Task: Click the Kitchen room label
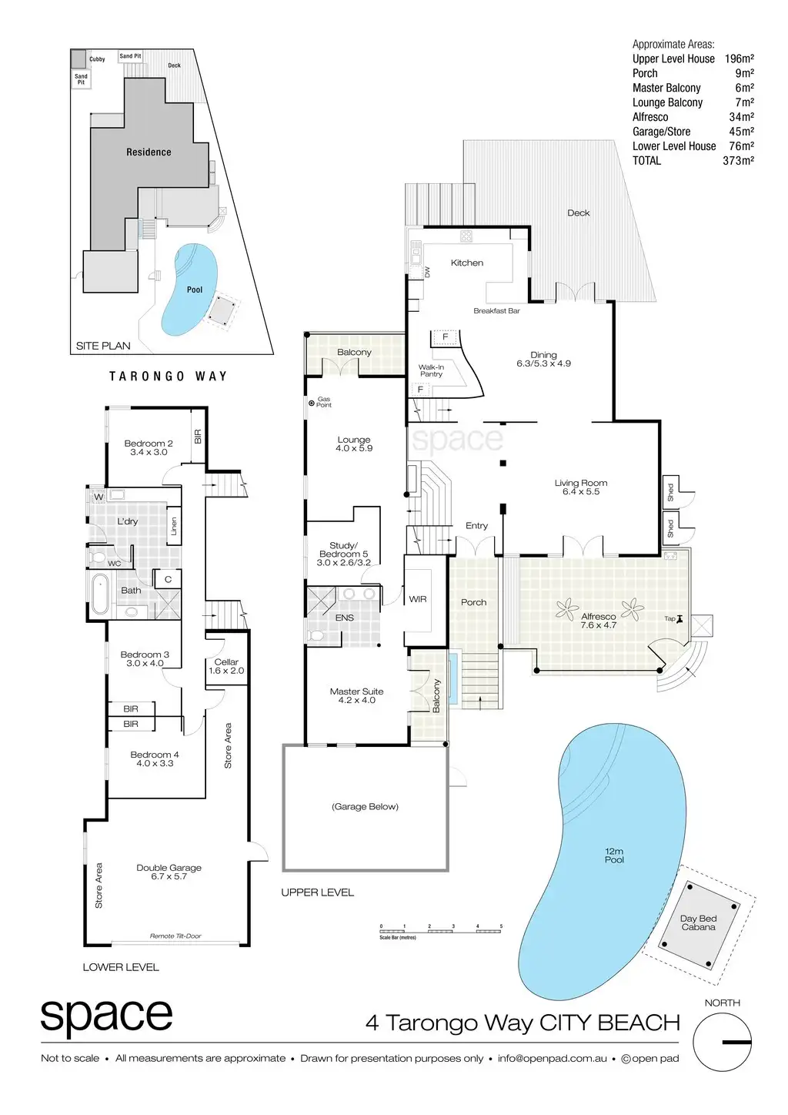pos(467,263)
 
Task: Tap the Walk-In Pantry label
pos(431,370)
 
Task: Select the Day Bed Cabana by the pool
pos(698,922)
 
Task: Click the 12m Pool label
pos(614,855)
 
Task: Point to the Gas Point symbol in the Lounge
pos(312,403)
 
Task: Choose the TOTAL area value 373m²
pos(738,160)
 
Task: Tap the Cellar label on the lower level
pos(226,661)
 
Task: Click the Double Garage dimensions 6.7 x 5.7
pos(169,876)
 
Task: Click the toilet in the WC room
pos(97,555)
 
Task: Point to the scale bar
pos(441,931)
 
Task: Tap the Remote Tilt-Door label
pos(175,936)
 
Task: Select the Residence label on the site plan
pos(149,152)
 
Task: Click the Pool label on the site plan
pos(195,290)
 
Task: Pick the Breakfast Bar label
pos(496,311)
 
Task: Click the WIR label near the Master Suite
pos(418,599)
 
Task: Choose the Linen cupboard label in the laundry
pos(174,527)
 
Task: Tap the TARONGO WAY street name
pos(168,377)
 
